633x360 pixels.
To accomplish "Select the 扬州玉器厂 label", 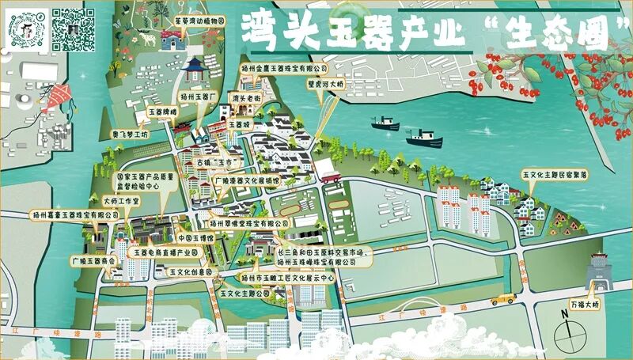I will click(x=199, y=96).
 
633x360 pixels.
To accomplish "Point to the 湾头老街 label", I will click(x=245, y=98).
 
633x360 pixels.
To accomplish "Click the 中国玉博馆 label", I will click(x=195, y=237).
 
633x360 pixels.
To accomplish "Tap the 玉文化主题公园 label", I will click(x=244, y=294).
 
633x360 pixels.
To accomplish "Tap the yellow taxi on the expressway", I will click(x=502, y=299).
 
